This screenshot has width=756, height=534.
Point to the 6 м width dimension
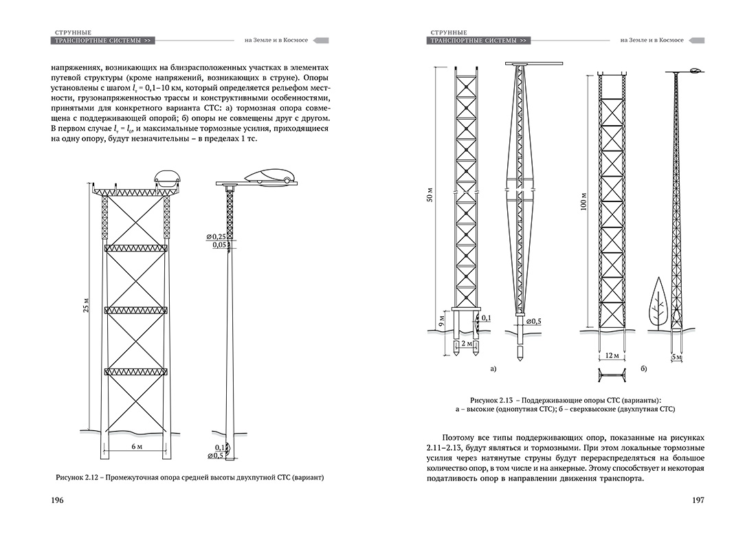click(135, 447)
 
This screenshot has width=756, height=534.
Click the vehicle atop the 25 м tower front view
click(168, 177)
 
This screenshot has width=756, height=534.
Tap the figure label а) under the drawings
click(493, 370)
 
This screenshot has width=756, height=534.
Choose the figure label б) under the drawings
click(644, 370)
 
